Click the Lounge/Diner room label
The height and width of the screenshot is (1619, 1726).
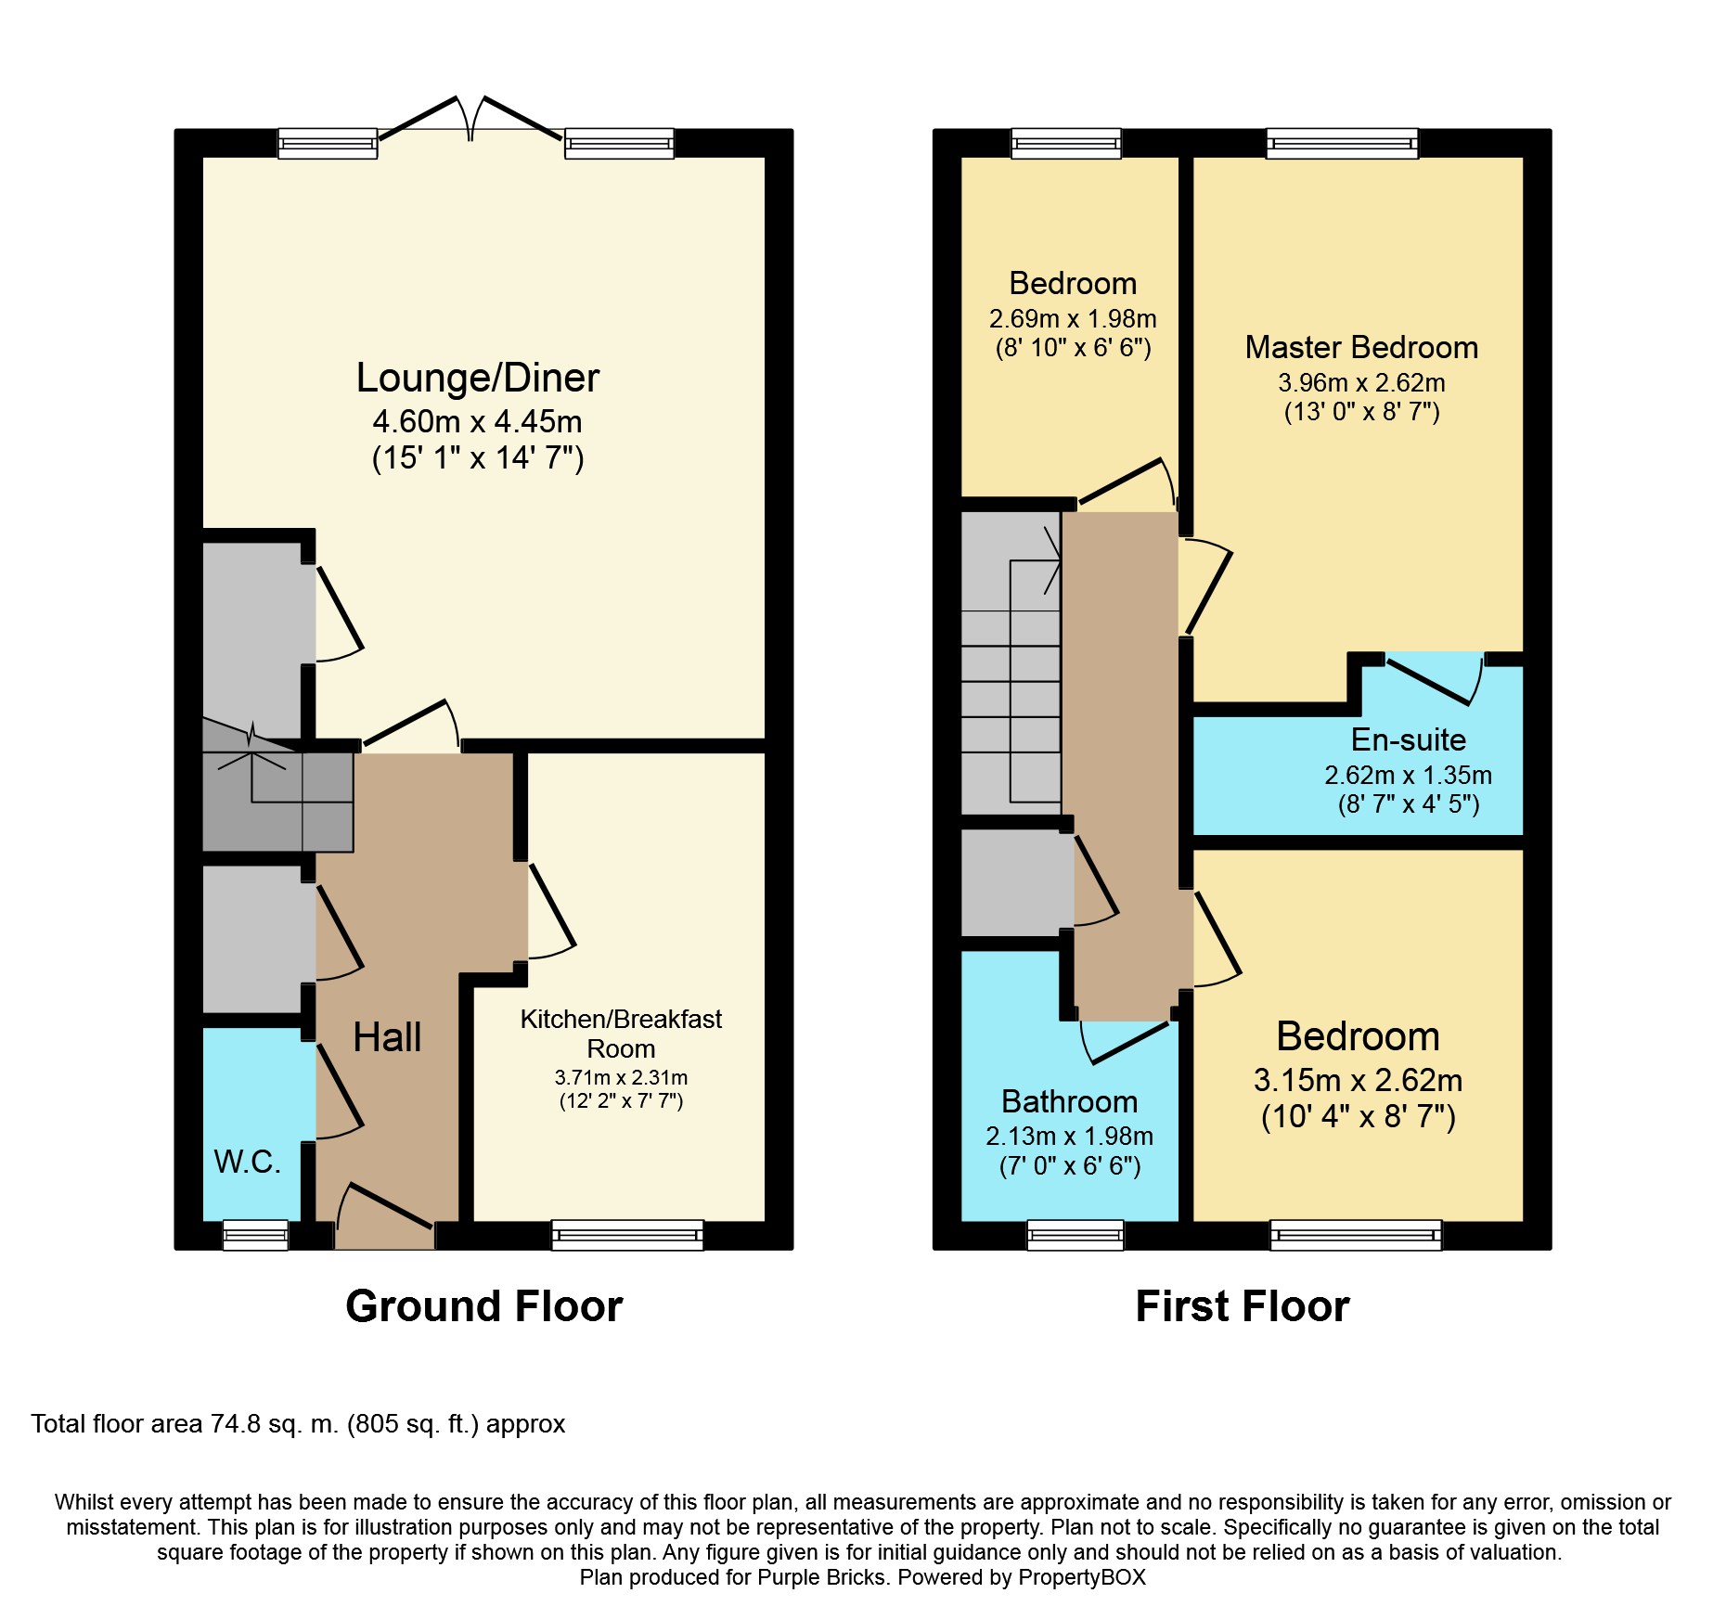[x=478, y=378]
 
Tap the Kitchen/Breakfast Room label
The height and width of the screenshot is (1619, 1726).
[x=621, y=1034]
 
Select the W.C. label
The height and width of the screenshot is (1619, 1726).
[x=248, y=1162]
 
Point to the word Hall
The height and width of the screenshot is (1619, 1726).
[x=387, y=1036]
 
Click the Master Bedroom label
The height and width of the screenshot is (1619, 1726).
[x=1361, y=347]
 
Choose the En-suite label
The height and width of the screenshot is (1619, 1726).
[x=1409, y=739]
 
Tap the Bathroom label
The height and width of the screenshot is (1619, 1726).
[x=1070, y=1101]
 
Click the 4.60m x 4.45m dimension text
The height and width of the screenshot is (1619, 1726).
[x=478, y=421]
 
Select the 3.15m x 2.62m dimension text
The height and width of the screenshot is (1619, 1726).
[x=1359, y=1080]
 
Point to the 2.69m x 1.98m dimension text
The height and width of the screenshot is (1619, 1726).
[x=1073, y=318]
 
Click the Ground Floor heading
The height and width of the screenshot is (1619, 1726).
[x=484, y=1306]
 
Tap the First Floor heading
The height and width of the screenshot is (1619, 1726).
[x=1243, y=1306]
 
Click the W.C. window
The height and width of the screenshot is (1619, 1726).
[x=256, y=1235]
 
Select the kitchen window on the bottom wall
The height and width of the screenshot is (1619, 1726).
[x=627, y=1235]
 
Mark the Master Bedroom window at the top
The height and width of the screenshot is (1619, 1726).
[x=1343, y=144]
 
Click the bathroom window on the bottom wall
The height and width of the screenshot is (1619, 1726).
[x=1076, y=1235]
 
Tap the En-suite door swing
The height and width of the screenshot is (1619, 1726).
[x=1435, y=679]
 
